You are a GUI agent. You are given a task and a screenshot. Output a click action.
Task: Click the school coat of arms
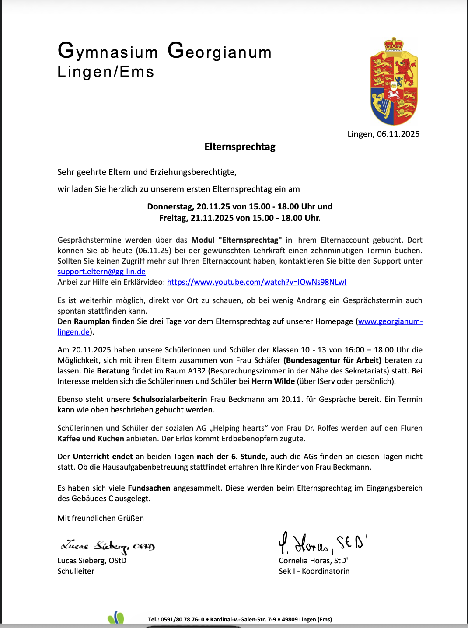(x=394, y=82)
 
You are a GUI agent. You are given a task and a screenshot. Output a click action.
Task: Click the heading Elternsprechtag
(x=240, y=147)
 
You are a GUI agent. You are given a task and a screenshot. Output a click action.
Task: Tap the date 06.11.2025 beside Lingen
(x=398, y=134)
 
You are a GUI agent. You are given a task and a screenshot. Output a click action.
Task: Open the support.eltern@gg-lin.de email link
(x=101, y=272)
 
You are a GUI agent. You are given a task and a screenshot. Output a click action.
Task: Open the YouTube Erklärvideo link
(x=257, y=282)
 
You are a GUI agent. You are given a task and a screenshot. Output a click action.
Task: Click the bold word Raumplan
(x=92, y=321)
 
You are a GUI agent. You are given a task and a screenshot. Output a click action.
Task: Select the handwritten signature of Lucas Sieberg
(x=108, y=546)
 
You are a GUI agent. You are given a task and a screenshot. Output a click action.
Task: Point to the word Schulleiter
(x=76, y=571)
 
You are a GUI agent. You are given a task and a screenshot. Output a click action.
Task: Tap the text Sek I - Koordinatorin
(x=314, y=571)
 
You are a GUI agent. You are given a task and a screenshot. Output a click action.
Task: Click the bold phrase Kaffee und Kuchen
(x=91, y=439)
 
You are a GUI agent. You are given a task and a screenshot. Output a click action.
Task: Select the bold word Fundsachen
(x=149, y=488)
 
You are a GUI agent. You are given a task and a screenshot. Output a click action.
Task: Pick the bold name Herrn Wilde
(x=273, y=381)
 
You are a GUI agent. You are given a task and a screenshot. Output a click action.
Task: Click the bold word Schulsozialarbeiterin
(x=170, y=399)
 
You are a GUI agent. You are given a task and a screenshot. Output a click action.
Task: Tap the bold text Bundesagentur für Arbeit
(x=332, y=360)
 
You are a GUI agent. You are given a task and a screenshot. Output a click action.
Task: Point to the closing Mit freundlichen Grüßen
(x=101, y=518)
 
